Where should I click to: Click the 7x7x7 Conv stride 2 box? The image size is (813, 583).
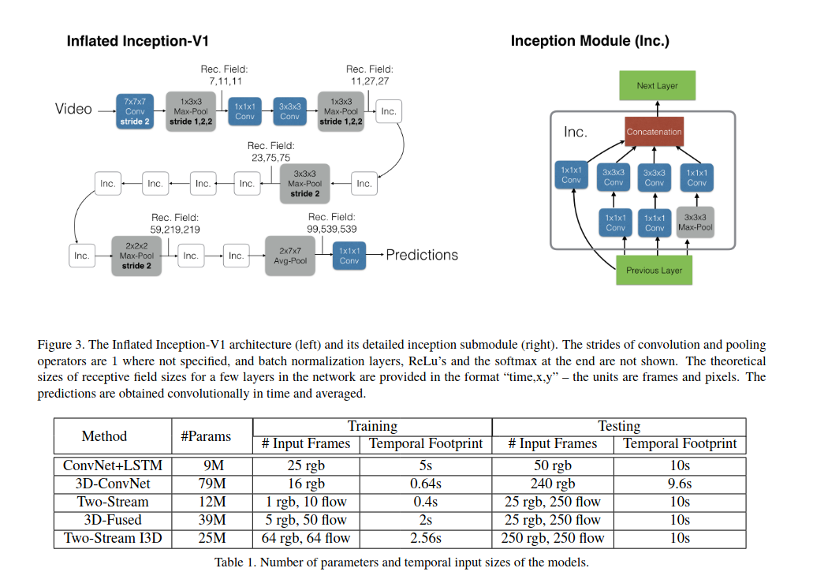pos(135,111)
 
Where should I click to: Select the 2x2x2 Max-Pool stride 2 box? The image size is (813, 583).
pos(136,256)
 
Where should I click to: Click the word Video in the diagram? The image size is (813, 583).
pos(73,109)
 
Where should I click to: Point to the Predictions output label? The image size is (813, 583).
pos(422,255)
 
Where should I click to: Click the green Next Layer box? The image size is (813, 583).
pos(657,85)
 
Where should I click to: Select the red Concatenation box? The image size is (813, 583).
pos(654,132)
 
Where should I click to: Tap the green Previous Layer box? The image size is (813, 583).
pos(654,270)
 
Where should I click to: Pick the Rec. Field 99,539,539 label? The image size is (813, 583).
pos(332,223)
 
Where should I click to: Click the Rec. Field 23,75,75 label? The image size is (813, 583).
pos(270,151)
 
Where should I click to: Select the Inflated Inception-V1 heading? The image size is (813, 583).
pos(137,41)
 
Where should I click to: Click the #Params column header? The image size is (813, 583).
pos(206,436)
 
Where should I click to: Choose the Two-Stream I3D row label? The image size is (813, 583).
pos(113,538)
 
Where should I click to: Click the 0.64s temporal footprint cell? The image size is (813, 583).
pos(426,484)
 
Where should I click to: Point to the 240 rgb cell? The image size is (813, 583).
pos(552,484)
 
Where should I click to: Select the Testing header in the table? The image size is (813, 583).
pos(619,426)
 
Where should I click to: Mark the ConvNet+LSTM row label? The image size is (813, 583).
pos(113,465)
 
